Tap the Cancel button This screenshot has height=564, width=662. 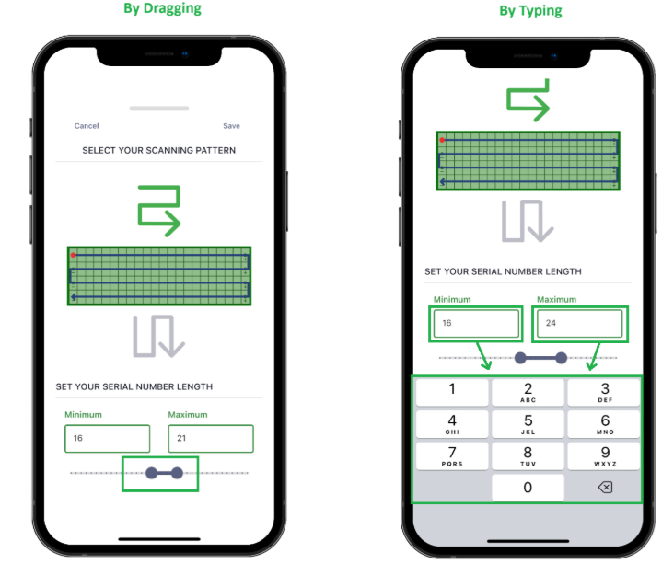tap(87, 126)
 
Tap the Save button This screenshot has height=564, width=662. tap(231, 126)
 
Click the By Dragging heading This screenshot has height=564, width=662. tap(163, 8)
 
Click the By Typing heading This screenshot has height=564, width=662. tap(530, 10)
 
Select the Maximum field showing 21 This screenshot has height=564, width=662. tap(211, 439)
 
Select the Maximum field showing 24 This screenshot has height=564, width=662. tap(580, 324)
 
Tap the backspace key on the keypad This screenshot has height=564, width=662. tap(605, 488)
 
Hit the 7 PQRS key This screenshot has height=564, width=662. tap(452, 456)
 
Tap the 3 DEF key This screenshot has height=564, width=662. tap(604, 392)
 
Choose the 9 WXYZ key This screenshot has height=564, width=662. tap(604, 456)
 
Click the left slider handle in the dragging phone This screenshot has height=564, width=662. tap(151, 473)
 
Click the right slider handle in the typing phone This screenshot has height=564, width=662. tap(561, 358)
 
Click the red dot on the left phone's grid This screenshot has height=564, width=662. tap(73, 255)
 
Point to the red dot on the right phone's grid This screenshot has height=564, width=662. tap(442, 140)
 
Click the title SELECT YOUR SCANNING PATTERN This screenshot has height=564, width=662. tap(158, 150)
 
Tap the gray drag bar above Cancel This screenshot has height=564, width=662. tap(159, 109)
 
